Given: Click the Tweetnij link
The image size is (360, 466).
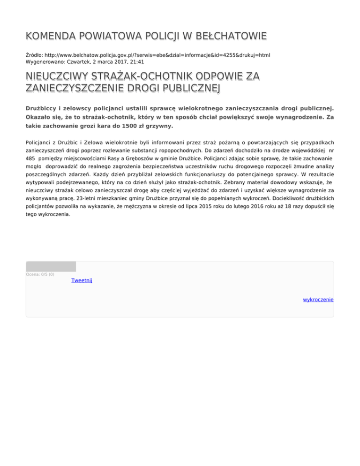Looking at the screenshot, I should click(x=82, y=280).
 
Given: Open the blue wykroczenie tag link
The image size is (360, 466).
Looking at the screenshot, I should click(x=318, y=299).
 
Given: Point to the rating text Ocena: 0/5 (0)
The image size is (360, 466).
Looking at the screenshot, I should click(x=40, y=274).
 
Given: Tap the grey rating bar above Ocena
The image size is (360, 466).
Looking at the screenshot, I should click(x=51, y=266).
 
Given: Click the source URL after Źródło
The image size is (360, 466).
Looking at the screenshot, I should click(x=157, y=55).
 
